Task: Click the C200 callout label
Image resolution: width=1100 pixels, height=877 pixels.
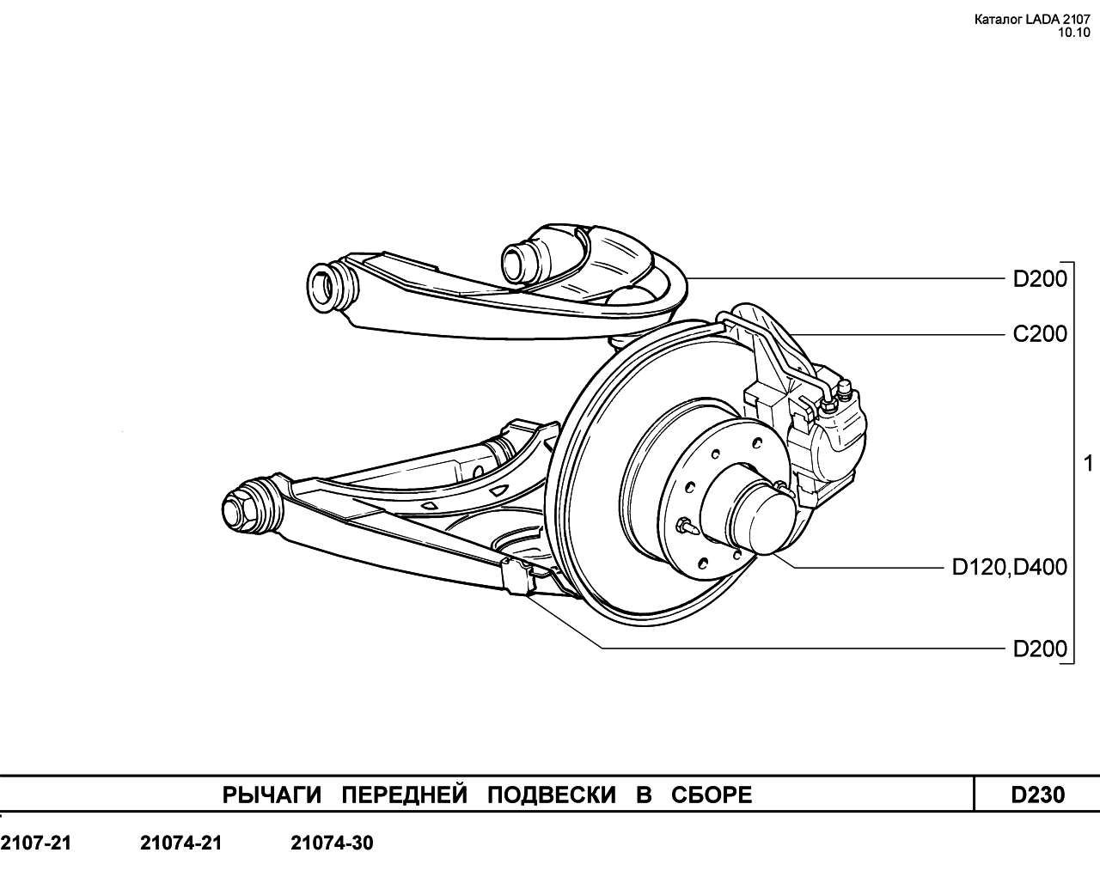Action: (x=1039, y=333)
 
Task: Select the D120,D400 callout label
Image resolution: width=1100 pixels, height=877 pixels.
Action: (x=1009, y=567)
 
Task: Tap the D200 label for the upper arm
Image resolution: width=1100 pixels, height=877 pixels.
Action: (x=1039, y=279)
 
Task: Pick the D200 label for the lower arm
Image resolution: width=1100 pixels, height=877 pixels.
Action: (x=1039, y=649)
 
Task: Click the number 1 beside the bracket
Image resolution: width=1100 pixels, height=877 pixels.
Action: (x=1088, y=464)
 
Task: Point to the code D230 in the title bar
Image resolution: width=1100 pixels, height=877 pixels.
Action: (x=1038, y=795)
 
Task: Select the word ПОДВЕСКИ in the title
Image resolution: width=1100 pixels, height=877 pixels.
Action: (x=551, y=795)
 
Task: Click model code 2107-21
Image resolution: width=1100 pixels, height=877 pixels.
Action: (x=36, y=844)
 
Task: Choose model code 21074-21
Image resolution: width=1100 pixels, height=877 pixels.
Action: (x=180, y=844)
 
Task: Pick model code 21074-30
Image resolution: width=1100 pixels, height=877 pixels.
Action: (x=333, y=844)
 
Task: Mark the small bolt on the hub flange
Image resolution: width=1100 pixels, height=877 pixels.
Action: (x=685, y=523)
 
